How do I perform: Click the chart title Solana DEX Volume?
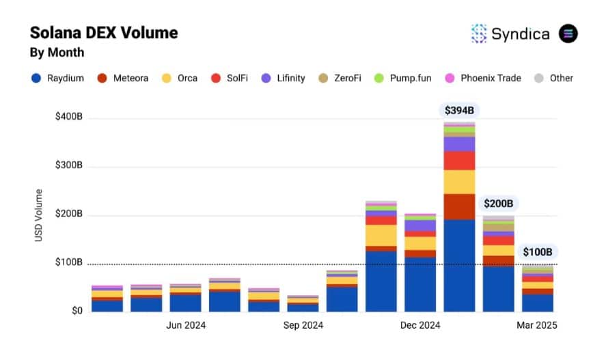click(x=104, y=32)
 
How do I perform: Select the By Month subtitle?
click(x=57, y=52)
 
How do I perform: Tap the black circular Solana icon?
click(x=568, y=33)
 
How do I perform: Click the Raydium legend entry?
click(x=57, y=78)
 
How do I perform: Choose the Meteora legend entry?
click(x=123, y=78)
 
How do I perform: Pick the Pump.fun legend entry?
click(x=404, y=78)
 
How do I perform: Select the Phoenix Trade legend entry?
click(x=483, y=78)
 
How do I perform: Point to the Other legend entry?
click(x=553, y=78)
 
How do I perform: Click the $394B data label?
click(x=459, y=110)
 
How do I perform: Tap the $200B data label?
click(x=498, y=203)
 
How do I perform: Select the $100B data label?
click(x=538, y=251)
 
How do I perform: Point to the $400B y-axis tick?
click(x=68, y=117)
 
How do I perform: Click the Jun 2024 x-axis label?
click(x=186, y=325)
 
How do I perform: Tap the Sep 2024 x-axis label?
click(x=303, y=325)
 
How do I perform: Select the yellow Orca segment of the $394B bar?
click(x=459, y=182)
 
